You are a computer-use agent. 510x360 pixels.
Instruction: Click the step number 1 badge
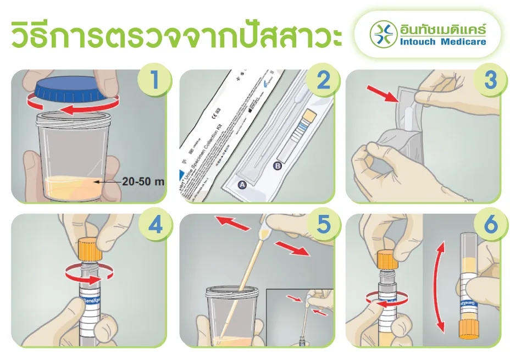154,80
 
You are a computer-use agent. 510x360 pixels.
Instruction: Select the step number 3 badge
490,80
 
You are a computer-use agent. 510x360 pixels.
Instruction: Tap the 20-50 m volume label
143,182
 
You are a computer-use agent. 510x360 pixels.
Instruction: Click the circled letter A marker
241,186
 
